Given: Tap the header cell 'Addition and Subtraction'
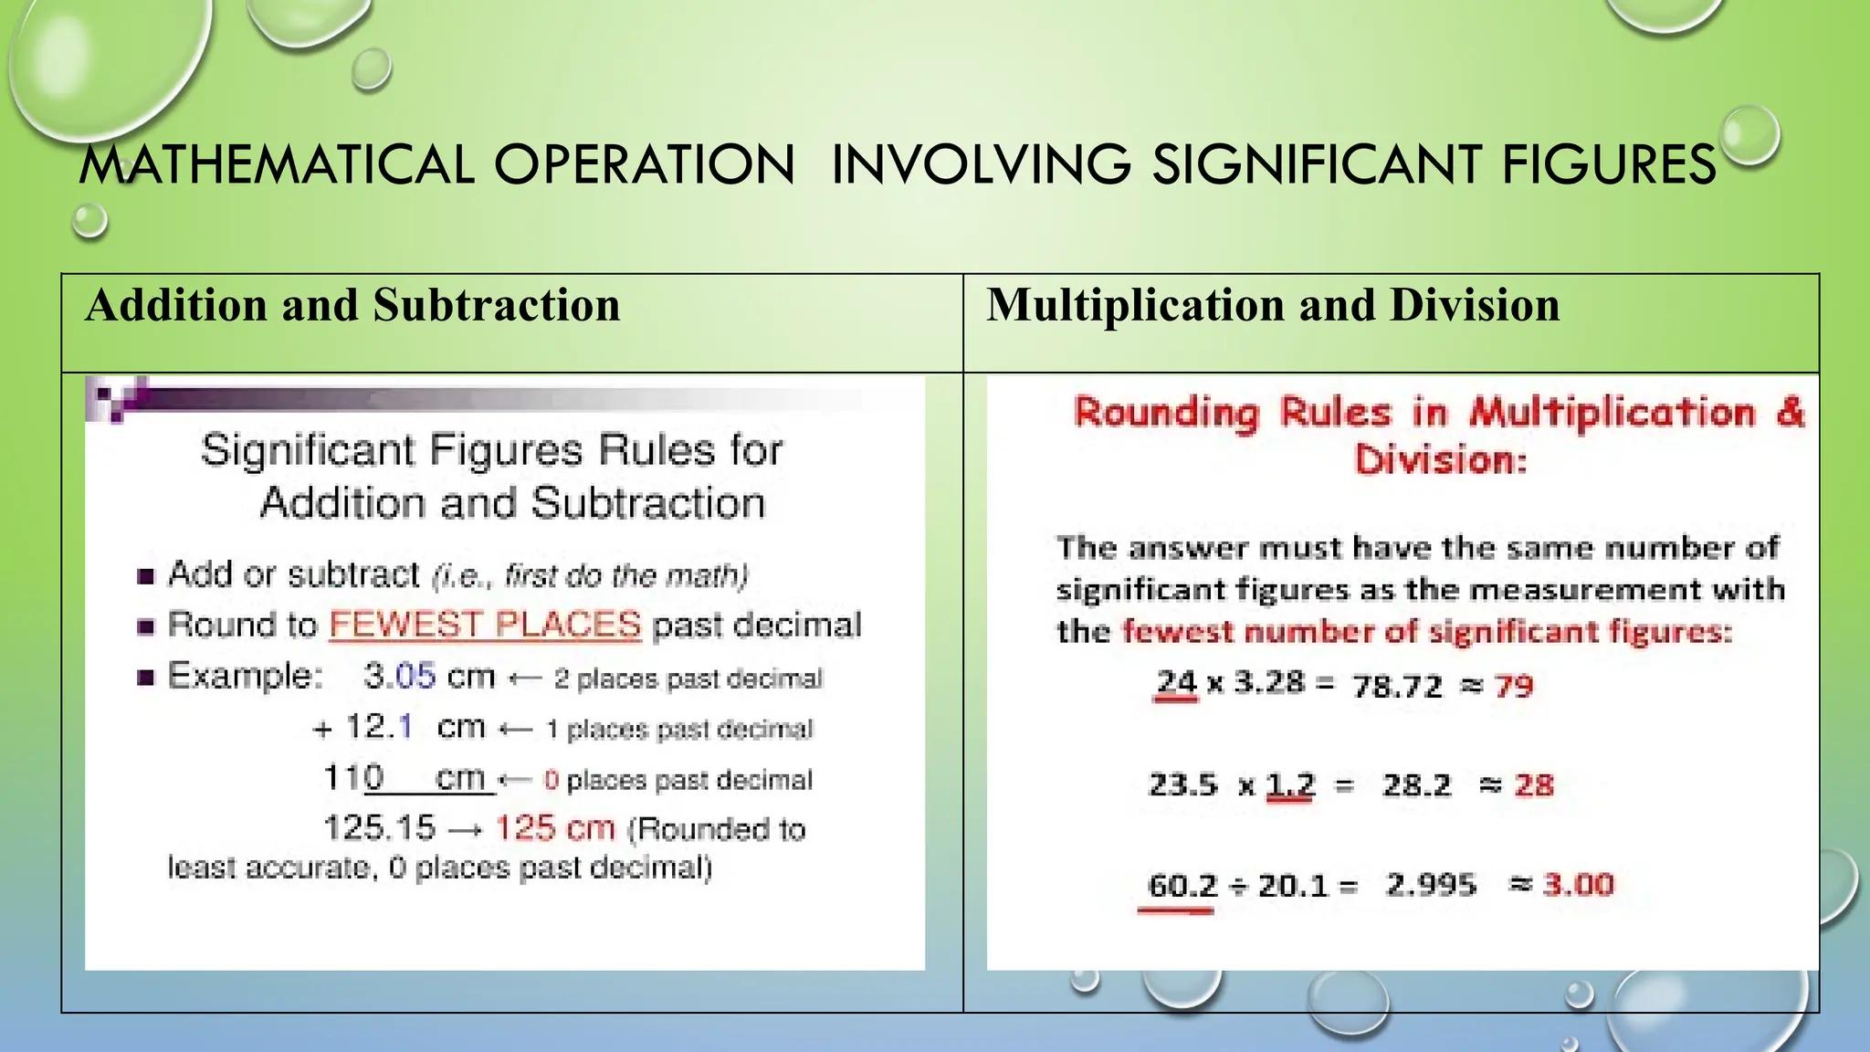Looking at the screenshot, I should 352,305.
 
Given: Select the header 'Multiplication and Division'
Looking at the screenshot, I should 1273,305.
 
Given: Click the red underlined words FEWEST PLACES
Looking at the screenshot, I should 485,625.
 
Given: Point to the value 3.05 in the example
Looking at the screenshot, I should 399,677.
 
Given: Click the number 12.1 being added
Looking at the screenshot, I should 379,727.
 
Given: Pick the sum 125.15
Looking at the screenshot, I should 380,828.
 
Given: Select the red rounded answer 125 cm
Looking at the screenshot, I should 555,828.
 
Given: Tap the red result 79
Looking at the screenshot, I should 1514,685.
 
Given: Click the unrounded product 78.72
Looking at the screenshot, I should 1397,685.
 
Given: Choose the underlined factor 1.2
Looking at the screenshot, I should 1290,784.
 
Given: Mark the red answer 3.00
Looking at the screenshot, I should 1579,884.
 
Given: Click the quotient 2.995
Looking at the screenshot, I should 1430,884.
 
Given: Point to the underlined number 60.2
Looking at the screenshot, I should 1182,885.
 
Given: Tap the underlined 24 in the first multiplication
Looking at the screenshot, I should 1176,682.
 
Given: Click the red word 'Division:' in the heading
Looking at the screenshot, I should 1440,459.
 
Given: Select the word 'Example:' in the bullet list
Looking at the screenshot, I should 246,677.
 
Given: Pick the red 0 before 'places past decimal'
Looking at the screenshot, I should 551,780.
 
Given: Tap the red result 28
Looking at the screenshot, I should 1533,784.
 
